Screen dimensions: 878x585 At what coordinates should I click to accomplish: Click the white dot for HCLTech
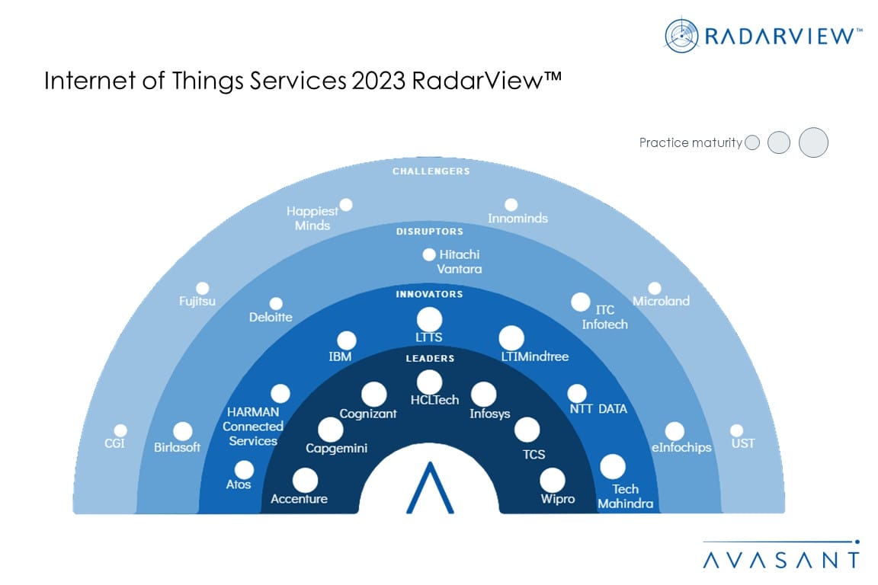pyautogui.click(x=430, y=382)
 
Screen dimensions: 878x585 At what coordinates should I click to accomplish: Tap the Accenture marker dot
pyautogui.click(x=305, y=481)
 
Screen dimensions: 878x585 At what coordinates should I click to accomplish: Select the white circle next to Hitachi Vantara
pyautogui.click(x=429, y=254)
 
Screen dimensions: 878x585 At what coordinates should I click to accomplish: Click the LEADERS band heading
pyautogui.click(x=430, y=358)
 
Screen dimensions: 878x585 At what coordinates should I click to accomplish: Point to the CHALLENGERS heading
pyautogui.click(x=431, y=171)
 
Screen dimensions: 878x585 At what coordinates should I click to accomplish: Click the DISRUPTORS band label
pyautogui.click(x=430, y=232)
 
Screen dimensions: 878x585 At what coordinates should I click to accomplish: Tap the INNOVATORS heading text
pyautogui.click(x=430, y=294)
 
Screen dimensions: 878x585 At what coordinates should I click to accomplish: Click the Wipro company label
pyautogui.click(x=558, y=499)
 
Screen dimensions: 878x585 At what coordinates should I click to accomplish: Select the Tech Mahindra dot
pyautogui.click(x=613, y=467)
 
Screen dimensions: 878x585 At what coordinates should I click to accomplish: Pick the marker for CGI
pyautogui.click(x=120, y=430)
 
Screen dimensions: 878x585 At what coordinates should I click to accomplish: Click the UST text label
pyautogui.click(x=743, y=443)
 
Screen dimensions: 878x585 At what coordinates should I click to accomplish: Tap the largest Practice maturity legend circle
pyautogui.click(x=814, y=142)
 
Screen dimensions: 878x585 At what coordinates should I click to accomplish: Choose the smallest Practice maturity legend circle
pyautogui.click(x=752, y=142)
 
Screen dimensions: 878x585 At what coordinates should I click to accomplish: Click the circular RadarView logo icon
pyautogui.click(x=681, y=36)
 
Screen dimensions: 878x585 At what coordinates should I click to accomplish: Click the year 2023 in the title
pyautogui.click(x=378, y=81)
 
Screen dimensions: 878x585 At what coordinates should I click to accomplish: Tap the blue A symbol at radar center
pyautogui.click(x=430, y=487)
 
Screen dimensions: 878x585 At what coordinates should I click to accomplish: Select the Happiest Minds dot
pyautogui.click(x=346, y=205)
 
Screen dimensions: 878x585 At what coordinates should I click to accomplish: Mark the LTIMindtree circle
pyautogui.click(x=511, y=338)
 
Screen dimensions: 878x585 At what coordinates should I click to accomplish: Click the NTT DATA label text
pyautogui.click(x=598, y=408)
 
